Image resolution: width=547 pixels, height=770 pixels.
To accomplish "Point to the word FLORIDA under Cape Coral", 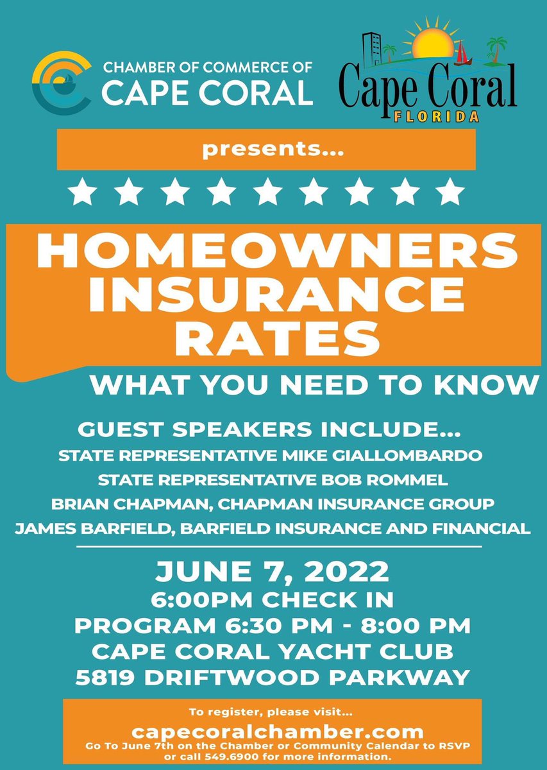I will [437, 117].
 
